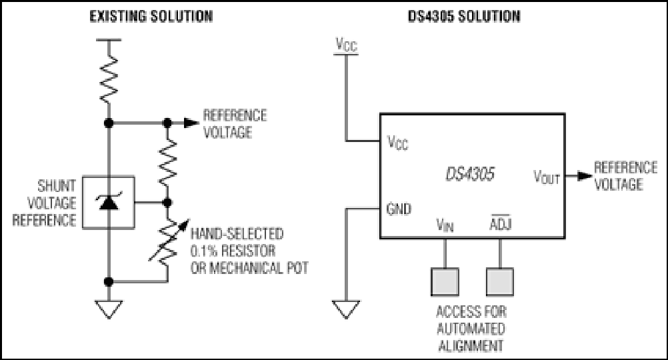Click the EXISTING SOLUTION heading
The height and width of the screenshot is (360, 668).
click(151, 16)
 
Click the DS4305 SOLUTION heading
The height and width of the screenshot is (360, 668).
click(464, 16)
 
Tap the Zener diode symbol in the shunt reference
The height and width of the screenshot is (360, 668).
click(109, 202)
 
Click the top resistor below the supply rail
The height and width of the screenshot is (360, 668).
click(109, 79)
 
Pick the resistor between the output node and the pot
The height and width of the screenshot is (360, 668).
click(167, 162)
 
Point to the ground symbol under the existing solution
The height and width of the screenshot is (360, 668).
click(109, 309)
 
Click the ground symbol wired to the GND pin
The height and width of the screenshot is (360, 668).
click(346, 309)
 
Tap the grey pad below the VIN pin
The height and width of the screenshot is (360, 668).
click(445, 281)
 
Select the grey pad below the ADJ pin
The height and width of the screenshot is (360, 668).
click(500, 281)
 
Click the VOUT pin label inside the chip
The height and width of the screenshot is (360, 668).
click(547, 177)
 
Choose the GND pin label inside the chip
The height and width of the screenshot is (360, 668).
click(399, 209)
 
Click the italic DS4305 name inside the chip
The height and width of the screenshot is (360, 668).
click(470, 174)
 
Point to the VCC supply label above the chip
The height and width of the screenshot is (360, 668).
click(347, 44)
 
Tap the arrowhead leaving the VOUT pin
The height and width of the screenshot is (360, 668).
click(585, 175)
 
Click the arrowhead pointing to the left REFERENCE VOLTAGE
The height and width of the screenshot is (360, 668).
click(191, 123)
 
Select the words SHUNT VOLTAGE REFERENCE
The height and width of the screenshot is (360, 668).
click(45, 203)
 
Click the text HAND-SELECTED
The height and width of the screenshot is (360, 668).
click(237, 233)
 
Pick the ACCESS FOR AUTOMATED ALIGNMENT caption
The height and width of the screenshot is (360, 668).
click(471, 329)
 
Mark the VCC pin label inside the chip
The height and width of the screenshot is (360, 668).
click(397, 142)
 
